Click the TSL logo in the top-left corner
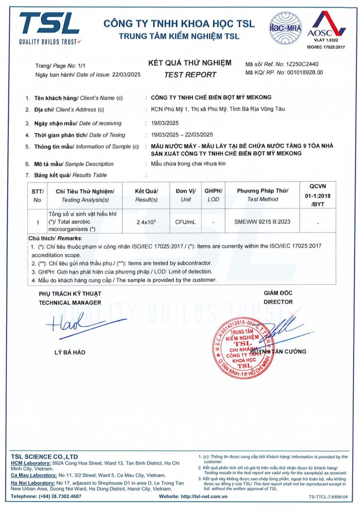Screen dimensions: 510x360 coord(49,28)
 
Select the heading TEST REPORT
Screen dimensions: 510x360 coord(190,75)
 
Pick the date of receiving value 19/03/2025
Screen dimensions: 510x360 coord(164,123)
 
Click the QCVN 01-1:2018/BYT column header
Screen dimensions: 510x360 coord(317,195)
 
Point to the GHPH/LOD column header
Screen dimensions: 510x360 coord(213,195)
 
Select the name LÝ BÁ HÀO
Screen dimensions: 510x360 coord(70,353)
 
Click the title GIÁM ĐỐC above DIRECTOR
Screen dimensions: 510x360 coord(275,293)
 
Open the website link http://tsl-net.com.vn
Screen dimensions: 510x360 coord(204,496)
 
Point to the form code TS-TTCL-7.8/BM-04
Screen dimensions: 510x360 coord(327,497)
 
